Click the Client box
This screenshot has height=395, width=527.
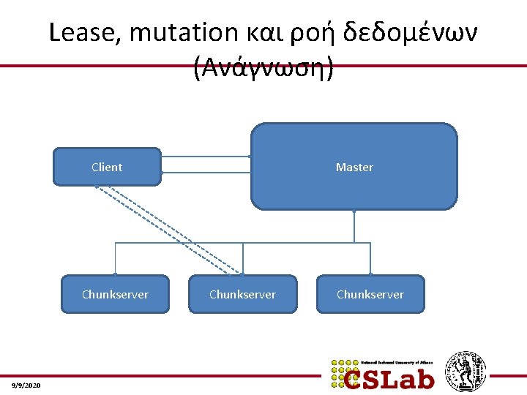[107, 167]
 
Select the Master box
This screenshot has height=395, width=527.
[354, 167]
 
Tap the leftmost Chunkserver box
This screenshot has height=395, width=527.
[115, 294]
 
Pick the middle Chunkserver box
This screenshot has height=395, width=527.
[242, 294]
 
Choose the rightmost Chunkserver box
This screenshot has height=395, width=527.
[370, 294]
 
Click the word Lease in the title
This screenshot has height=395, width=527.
[78, 32]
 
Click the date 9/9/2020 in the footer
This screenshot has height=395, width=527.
[27, 385]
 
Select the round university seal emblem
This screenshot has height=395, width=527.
[466, 371]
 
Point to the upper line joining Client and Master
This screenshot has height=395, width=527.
[206, 157]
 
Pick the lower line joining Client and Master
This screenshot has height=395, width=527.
[206, 173]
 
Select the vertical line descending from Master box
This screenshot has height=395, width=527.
[354, 226]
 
